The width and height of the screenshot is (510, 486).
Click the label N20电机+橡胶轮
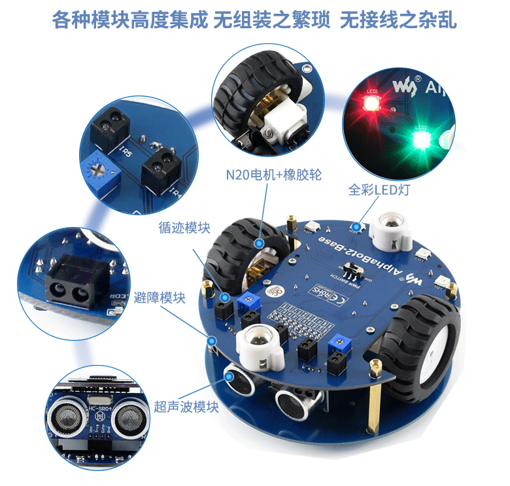click(273, 175)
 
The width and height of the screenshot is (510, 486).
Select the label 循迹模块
click(184, 228)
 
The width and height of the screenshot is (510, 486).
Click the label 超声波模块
click(186, 407)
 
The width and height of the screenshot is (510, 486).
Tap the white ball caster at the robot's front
click(260, 345)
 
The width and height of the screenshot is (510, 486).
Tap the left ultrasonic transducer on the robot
click(239, 381)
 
